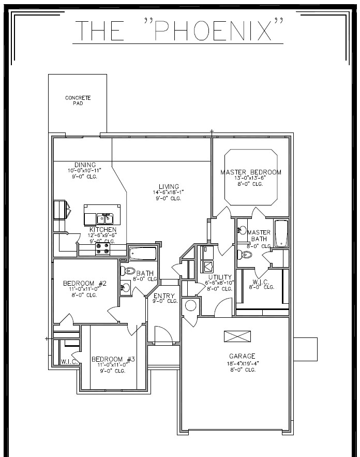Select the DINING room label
click(85, 165)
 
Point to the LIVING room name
click(169, 187)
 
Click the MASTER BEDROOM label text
click(251, 172)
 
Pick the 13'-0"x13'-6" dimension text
click(251, 178)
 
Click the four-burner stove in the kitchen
click(102, 248)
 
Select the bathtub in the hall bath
click(142, 254)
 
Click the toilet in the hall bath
click(128, 271)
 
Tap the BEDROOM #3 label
click(113, 359)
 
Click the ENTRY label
click(164, 297)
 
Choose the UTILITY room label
click(219, 277)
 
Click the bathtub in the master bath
click(281, 233)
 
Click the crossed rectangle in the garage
click(237, 336)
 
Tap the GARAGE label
click(242, 356)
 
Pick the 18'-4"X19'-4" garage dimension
click(242, 363)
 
